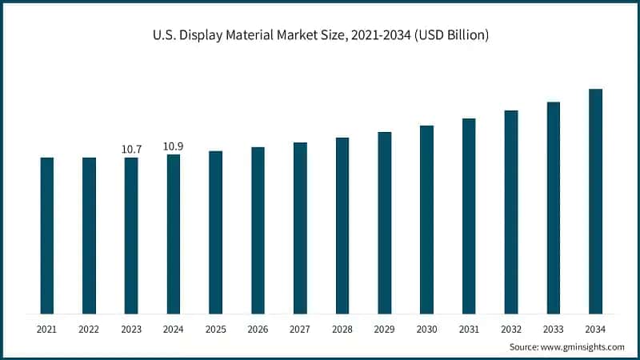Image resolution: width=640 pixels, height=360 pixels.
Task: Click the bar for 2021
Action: tap(47, 235)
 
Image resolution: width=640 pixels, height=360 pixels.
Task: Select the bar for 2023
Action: tap(131, 235)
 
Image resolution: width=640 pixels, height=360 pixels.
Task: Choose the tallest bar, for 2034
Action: tap(595, 201)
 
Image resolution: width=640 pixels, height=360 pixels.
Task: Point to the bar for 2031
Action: tap(469, 216)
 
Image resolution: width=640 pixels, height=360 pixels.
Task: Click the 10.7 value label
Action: tap(131, 149)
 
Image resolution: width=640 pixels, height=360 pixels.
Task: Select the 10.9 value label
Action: tap(174, 146)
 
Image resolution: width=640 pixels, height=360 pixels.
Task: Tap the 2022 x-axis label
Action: tap(89, 329)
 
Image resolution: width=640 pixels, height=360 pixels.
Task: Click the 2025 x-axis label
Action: tap(215, 329)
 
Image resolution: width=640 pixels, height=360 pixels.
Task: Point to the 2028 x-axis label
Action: tap(342, 329)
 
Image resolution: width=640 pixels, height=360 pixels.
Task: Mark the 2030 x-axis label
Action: tap(426, 329)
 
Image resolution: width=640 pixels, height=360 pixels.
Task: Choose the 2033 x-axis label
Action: tap(553, 329)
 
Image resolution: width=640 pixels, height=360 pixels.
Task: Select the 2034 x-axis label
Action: tap(595, 329)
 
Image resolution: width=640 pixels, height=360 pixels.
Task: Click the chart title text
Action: tap(320, 35)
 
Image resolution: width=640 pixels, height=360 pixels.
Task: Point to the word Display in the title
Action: tap(204, 35)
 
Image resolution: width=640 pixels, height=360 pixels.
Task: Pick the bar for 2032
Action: tap(511, 212)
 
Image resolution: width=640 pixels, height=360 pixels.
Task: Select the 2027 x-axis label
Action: tap(300, 329)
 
